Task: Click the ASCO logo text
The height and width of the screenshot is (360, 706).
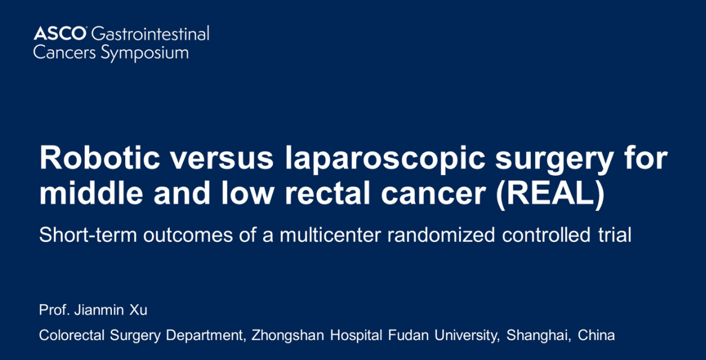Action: coord(60,33)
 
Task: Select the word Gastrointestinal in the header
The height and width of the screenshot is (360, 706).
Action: coord(150,33)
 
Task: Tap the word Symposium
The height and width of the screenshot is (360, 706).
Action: coord(145,53)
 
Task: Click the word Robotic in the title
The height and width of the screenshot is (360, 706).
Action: coord(100,157)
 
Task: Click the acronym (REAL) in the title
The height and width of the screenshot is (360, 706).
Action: coord(550,193)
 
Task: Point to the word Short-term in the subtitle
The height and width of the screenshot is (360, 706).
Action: coord(88,235)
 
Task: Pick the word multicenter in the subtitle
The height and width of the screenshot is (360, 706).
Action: coord(330,235)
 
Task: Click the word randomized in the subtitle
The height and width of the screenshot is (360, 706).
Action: coord(441,235)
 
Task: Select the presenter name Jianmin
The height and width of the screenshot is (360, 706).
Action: coord(99,310)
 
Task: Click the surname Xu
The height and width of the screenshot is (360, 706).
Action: coord(138,310)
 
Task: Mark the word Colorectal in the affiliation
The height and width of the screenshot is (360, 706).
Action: coord(71,335)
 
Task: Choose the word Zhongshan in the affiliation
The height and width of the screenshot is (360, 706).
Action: coord(288,335)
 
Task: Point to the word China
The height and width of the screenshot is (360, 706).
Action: coord(596,335)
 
